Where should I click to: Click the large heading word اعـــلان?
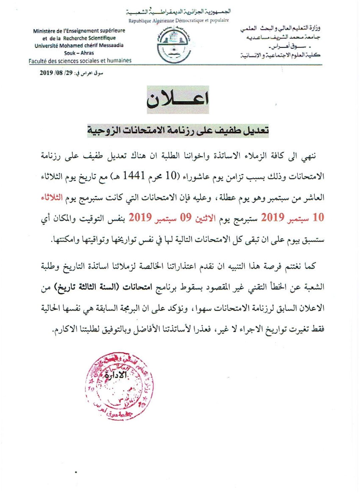(x=178, y=99)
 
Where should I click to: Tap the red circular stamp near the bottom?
(x=119, y=386)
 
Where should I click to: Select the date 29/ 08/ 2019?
(x=56, y=73)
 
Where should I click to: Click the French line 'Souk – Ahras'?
(x=79, y=53)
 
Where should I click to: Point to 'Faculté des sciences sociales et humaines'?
(x=80, y=61)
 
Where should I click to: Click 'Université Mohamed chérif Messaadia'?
(x=79, y=45)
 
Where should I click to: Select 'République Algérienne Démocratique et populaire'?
(x=179, y=20)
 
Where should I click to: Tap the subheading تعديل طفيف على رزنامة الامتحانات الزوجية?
(x=178, y=130)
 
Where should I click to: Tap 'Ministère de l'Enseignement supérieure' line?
(x=79, y=31)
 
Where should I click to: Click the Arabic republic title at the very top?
(x=179, y=12)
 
